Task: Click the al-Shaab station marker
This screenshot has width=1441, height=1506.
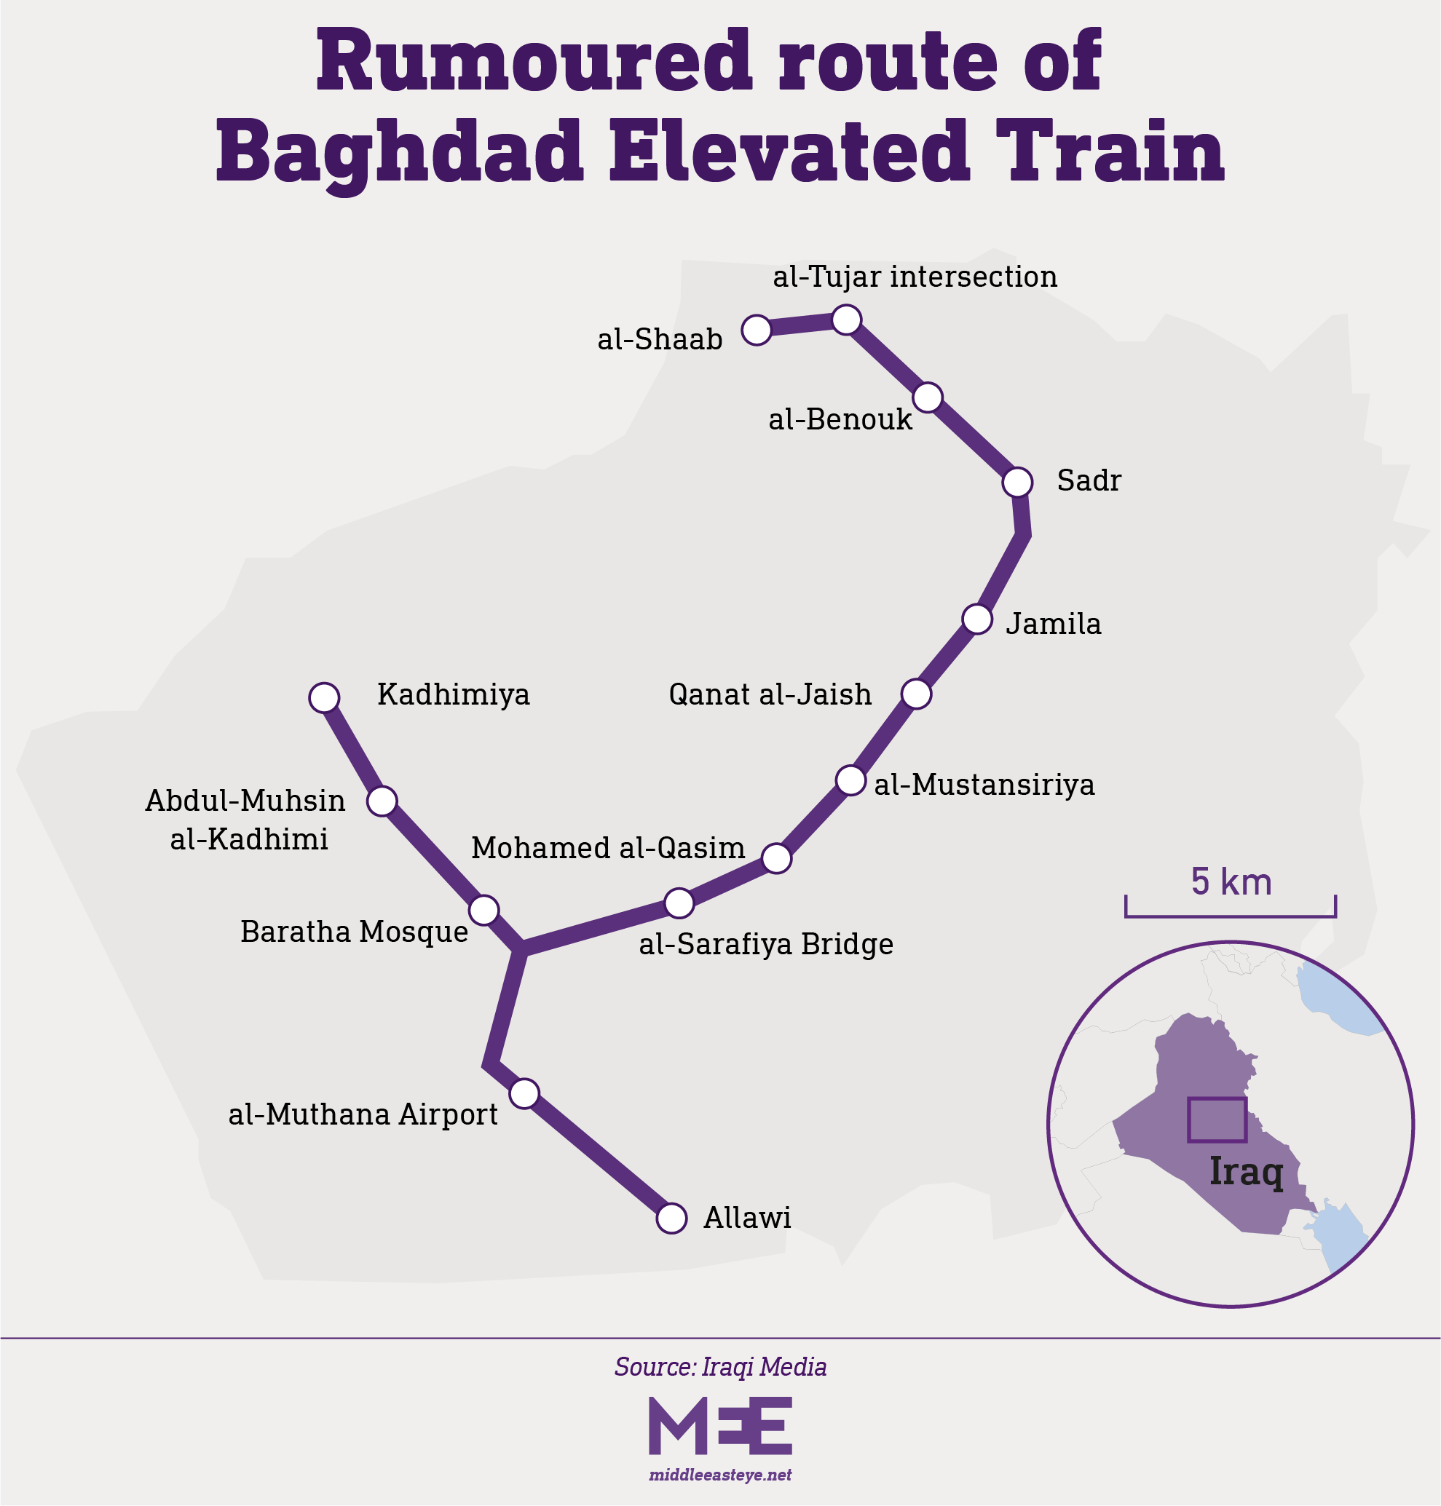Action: pos(757,330)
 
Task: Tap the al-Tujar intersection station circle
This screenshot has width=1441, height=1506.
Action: pos(847,320)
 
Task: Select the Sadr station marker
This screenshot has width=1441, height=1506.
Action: pos(1018,483)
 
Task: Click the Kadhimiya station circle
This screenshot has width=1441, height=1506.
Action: pos(324,697)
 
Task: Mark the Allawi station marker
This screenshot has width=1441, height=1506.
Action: pos(672,1218)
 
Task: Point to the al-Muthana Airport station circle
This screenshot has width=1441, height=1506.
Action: pos(524,1093)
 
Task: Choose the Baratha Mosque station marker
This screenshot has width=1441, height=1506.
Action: pos(484,910)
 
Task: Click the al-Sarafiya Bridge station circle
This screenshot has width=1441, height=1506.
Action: pos(680,903)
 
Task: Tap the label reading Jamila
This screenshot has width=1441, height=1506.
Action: pos(1053,624)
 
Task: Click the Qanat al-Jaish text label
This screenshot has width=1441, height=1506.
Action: pos(770,694)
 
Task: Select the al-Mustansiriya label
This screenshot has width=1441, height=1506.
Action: pos(984,785)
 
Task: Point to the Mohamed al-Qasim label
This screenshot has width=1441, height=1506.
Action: pos(607,848)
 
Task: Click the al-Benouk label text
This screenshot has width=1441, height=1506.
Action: pos(840,419)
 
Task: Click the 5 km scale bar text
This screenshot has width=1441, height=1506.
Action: pos(1231,881)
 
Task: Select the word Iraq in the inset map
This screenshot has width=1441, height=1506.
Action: pos(1246,1172)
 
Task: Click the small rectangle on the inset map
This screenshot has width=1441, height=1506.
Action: pos(1217,1119)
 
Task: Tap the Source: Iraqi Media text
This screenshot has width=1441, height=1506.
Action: pos(721,1367)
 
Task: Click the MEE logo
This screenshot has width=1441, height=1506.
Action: pos(721,1425)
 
